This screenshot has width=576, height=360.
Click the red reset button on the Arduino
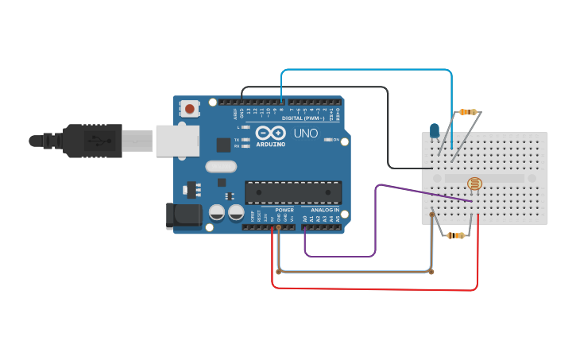(x=190, y=108)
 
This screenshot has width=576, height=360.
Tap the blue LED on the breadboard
(x=435, y=130)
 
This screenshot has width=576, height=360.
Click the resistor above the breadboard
(x=467, y=113)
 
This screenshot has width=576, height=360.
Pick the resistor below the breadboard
(x=455, y=235)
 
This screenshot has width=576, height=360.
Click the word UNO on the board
(x=306, y=134)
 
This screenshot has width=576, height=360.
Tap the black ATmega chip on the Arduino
(x=293, y=192)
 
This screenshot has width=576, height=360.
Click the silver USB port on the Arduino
(x=176, y=141)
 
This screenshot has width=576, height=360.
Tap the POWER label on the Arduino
(x=284, y=210)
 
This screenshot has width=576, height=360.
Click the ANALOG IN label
(x=326, y=210)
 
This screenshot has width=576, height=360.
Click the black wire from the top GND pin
(x=318, y=87)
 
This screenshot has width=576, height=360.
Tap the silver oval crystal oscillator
(x=221, y=167)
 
